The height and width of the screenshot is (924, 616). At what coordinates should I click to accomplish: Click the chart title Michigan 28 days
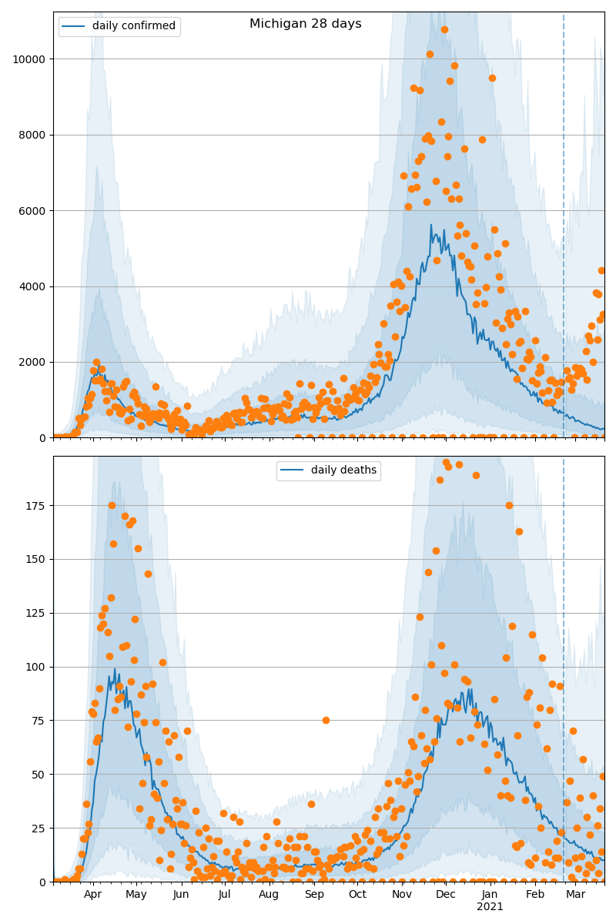coord(305,24)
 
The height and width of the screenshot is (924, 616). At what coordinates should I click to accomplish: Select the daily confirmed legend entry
coord(119,26)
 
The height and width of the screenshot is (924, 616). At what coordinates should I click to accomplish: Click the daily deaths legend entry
coord(329,470)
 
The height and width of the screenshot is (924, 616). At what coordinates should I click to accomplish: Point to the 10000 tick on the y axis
coord(28,59)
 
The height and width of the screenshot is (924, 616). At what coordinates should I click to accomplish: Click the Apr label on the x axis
coord(92,895)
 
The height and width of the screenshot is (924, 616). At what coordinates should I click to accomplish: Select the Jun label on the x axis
coord(181,895)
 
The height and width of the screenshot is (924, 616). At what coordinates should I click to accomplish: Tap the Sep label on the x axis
coord(314,895)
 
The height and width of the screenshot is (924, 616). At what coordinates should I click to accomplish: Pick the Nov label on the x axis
coord(402,895)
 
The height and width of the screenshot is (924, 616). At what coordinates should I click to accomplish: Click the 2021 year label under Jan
coord(490,907)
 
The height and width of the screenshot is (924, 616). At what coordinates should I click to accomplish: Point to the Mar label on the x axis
coord(574,895)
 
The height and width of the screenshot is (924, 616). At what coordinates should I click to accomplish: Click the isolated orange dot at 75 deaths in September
coord(326,720)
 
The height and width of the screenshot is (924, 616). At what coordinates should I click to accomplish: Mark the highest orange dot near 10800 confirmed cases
coord(444,29)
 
